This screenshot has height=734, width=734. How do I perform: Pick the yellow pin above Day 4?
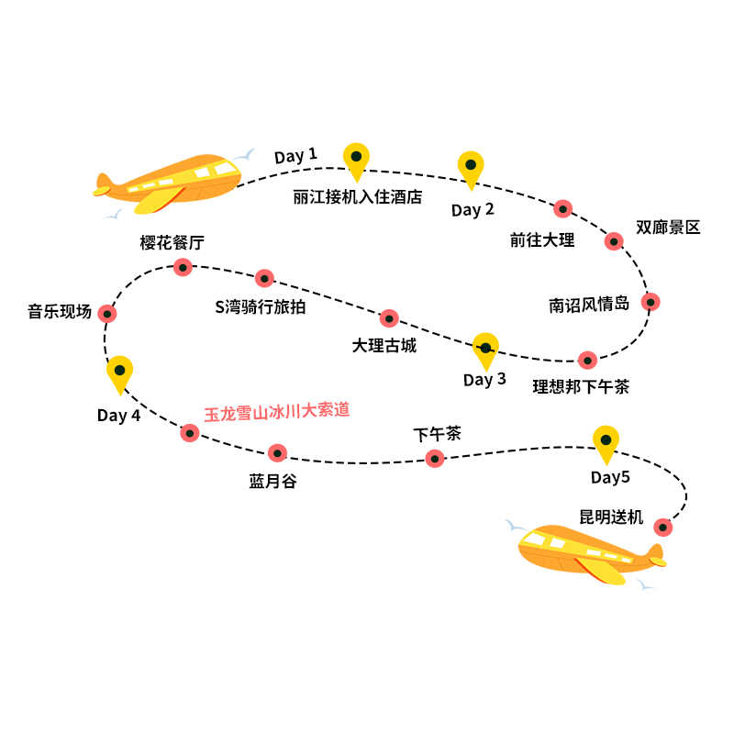[119, 373]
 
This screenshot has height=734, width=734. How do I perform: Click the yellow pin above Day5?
[606, 442]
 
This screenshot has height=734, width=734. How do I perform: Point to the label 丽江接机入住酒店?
[358, 196]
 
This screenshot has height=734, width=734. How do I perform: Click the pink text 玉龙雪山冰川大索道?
[277, 411]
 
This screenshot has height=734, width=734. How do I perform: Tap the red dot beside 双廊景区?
[614, 241]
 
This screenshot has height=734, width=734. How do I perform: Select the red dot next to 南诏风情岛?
[651, 301]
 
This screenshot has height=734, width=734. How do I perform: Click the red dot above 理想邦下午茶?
[587, 360]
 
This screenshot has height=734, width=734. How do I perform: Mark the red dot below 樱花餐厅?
[183, 267]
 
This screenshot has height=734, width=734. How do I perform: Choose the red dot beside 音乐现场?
[107, 314]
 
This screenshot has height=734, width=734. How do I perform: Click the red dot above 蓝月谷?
[277, 452]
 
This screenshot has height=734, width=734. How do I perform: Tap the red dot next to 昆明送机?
[662, 527]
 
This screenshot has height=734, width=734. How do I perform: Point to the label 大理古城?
[384, 346]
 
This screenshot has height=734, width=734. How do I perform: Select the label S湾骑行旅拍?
[261, 307]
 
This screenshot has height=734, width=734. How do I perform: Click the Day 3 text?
[484, 380]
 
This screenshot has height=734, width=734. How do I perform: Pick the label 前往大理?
[542, 240]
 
